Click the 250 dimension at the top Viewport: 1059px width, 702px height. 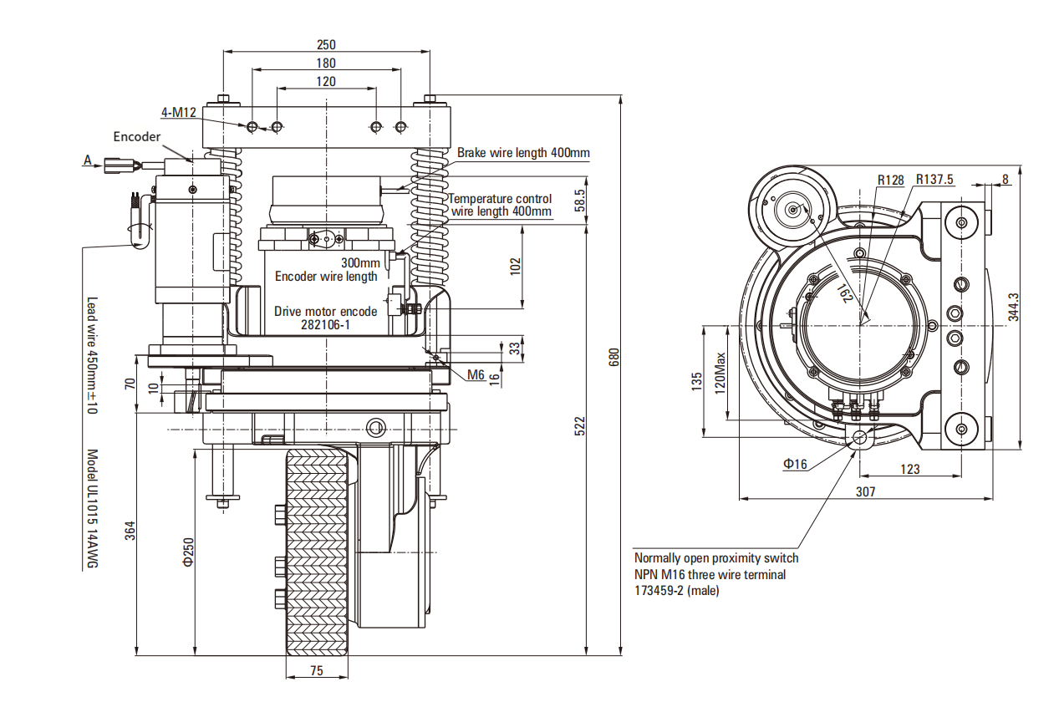[326, 44]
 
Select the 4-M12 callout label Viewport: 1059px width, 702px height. [178, 113]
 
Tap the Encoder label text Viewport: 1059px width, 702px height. [137, 136]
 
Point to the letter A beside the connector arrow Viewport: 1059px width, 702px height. [87, 160]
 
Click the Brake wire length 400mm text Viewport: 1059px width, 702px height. [523, 153]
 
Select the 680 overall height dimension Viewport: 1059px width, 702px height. [614, 358]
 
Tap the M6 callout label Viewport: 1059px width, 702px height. [476, 374]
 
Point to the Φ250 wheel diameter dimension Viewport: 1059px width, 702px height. [188, 552]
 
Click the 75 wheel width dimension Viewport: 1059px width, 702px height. [317, 670]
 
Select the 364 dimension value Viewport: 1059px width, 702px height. [130, 531]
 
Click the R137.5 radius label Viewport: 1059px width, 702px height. [934, 180]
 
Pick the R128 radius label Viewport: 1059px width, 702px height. [891, 180]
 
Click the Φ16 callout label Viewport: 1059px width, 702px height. [795, 463]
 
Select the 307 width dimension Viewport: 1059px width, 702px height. [865, 492]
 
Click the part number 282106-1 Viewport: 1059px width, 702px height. [325, 326]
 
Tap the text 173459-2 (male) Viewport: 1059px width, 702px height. [676, 591]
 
